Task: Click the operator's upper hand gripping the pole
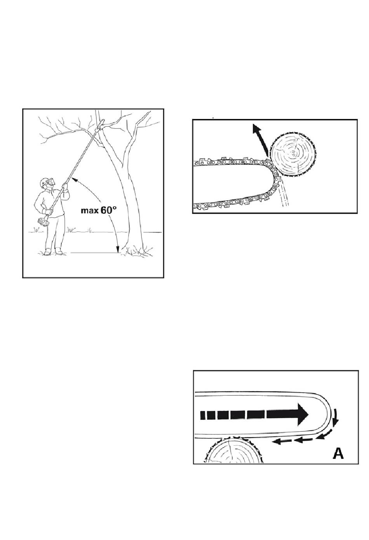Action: click(65, 186)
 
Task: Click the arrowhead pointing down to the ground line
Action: click(118, 249)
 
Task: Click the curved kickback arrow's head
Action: click(256, 128)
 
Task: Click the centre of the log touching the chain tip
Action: click(293, 154)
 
